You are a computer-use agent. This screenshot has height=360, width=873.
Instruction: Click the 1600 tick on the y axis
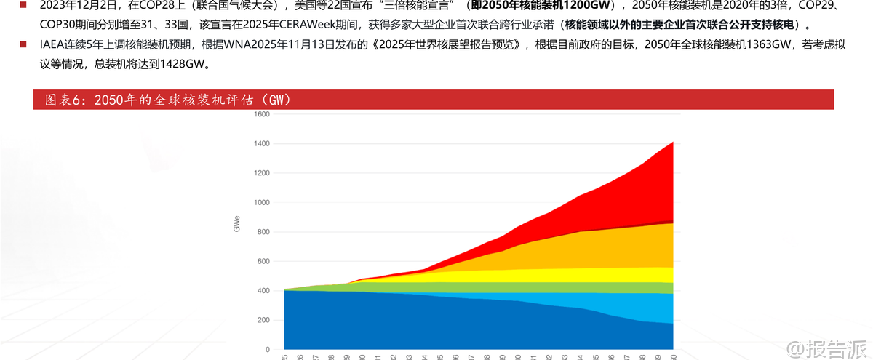[x=262, y=114]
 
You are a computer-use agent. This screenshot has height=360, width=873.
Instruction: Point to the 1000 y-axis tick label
[x=262, y=202]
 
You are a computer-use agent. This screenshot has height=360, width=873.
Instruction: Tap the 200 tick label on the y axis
[x=263, y=320]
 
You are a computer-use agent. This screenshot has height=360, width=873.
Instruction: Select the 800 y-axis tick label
[x=263, y=232]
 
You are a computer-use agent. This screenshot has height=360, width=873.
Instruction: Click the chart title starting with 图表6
[x=168, y=100]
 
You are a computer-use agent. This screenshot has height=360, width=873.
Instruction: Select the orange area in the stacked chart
[x=582, y=251]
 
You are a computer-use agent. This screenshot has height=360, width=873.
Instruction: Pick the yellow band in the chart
[x=582, y=274]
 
